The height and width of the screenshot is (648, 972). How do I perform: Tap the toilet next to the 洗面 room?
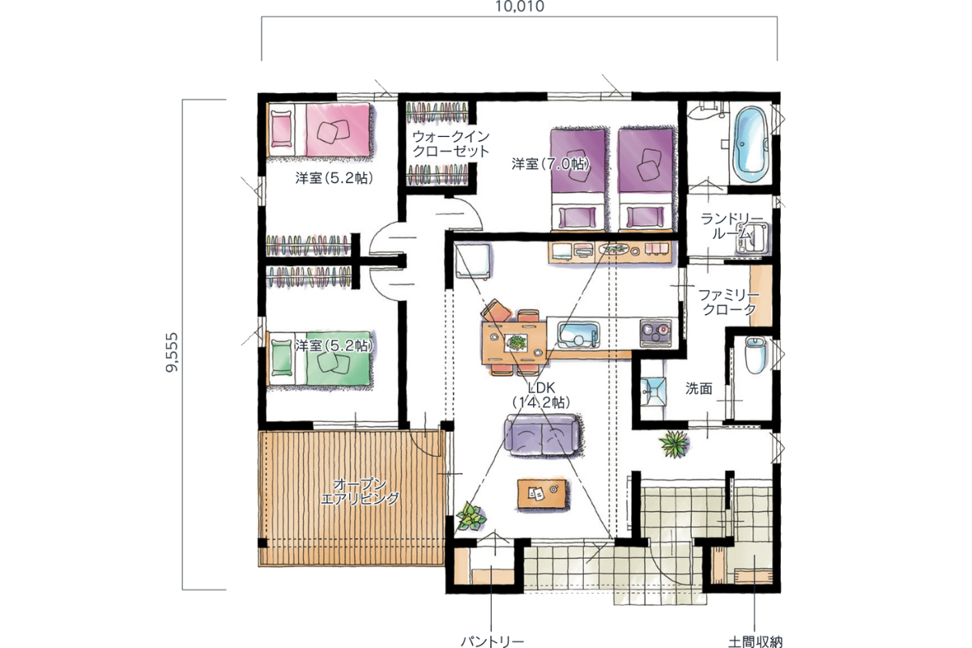pyautogui.click(x=756, y=355)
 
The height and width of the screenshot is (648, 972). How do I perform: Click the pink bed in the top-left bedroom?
pyautogui.click(x=320, y=130)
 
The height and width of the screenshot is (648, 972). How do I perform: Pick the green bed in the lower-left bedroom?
pyautogui.click(x=320, y=359)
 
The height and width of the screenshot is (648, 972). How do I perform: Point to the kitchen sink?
pyautogui.click(x=579, y=335)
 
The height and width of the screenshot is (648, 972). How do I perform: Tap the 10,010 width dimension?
pyautogui.click(x=519, y=6)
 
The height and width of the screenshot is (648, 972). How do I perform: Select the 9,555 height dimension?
pyautogui.click(x=172, y=352)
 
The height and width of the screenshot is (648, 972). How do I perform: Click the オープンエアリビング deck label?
pyautogui.click(x=360, y=492)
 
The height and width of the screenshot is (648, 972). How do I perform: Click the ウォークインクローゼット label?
pyautogui.click(x=451, y=143)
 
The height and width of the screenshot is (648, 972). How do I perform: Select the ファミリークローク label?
pyautogui.click(x=729, y=302)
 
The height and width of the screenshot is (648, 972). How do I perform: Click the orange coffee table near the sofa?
pyautogui.click(x=542, y=493)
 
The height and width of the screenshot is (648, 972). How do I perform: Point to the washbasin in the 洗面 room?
pyautogui.click(x=653, y=391)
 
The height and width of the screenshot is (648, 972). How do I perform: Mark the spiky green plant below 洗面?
pyautogui.click(x=674, y=444)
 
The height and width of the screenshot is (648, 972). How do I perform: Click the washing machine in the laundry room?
pyautogui.click(x=752, y=239)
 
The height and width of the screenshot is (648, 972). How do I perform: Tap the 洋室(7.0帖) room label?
pyautogui.click(x=550, y=164)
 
